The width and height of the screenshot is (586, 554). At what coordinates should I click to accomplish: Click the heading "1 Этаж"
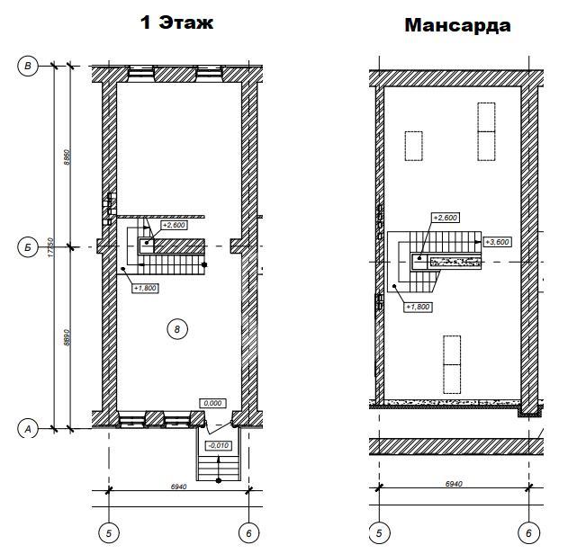point(176,22)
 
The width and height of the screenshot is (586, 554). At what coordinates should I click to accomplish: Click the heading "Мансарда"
point(457,25)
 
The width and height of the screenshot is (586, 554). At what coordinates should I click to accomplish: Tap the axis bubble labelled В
point(28,66)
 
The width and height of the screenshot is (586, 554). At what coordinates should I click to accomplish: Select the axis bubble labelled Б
point(28,247)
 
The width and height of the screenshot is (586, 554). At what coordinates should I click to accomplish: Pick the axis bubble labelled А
point(28,429)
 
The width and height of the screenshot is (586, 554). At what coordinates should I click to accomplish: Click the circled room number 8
point(177,329)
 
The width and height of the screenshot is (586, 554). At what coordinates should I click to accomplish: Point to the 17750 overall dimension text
point(50,247)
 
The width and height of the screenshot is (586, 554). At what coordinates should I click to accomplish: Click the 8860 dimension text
point(67,157)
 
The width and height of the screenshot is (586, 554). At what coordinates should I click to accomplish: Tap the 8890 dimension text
point(67,337)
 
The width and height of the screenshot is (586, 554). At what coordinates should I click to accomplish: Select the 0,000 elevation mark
point(213,403)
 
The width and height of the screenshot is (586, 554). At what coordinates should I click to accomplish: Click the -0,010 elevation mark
point(219,445)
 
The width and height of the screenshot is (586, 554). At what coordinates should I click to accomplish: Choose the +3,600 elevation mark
point(498,242)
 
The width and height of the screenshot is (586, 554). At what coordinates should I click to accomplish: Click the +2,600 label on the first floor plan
point(174,225)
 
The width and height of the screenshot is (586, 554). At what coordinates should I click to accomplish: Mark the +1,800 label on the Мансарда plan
point(419,307)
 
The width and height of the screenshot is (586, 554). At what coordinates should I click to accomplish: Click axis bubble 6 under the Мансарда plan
point(528,532)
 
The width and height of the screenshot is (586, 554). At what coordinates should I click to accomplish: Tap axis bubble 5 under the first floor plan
point(109,533)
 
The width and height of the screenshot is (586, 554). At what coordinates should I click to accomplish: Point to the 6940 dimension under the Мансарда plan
point(454,484)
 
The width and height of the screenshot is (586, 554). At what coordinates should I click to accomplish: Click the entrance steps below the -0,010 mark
point(219,468)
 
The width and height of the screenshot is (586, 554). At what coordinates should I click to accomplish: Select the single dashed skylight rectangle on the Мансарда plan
point(414,146)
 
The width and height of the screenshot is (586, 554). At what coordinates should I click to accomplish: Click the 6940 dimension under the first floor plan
point(178,487)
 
